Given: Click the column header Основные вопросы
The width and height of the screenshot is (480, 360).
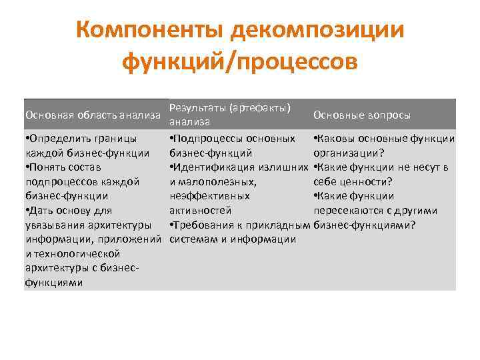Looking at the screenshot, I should (362, 115).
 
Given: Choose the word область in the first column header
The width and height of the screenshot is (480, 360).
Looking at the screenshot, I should (91, 115).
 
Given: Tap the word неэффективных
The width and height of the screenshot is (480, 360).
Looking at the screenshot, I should (210, 196).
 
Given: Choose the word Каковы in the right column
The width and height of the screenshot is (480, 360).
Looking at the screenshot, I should (336, 139).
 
